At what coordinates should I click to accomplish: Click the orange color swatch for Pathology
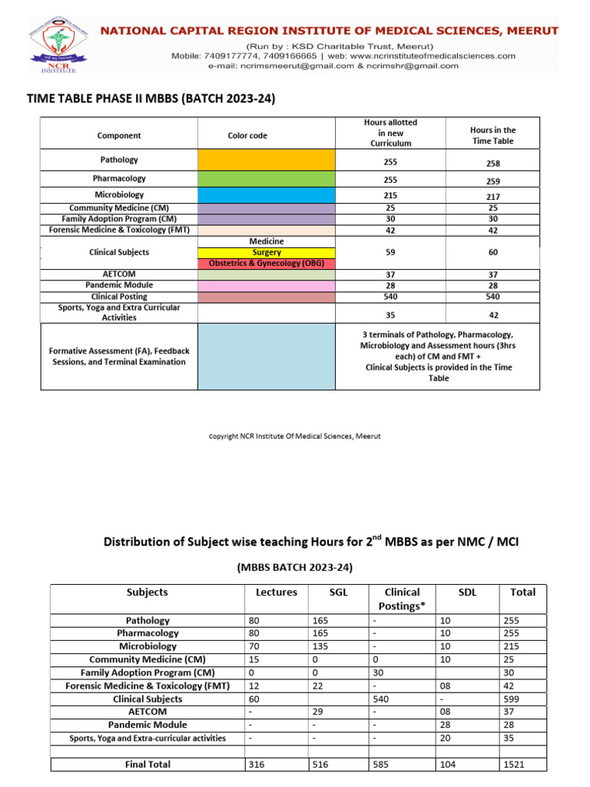coord(267,160)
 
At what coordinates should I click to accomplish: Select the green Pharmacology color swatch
coord(267,178)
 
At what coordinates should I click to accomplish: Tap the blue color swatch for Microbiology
coord(267,195)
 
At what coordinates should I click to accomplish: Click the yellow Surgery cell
coord(267,252)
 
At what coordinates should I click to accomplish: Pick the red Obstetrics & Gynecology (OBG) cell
coord(267,263)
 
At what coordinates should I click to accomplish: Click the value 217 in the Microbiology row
coord(492,198)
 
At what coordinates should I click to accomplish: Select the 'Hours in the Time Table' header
coord(492,135)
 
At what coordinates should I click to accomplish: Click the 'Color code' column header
coord(247,135)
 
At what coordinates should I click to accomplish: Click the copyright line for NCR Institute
coord(295,437)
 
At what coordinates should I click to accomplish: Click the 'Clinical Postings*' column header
coord(402,598)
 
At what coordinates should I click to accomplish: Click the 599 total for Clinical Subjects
coord(512,699)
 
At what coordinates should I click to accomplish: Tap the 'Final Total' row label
coord(147,764)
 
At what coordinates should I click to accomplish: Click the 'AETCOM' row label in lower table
coord(147,712)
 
